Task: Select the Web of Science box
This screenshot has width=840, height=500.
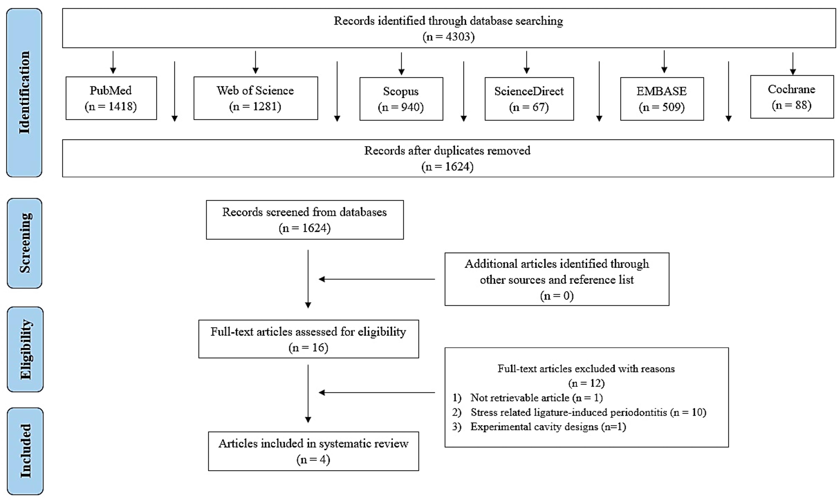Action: [x=256, y=98]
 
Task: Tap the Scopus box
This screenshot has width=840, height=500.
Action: [x=401, y=99]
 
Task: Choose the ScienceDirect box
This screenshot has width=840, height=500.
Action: [x=529, y=99]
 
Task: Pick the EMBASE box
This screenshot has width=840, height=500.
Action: [x=662, y=99]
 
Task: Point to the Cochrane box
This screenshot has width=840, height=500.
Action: [x=792, y=97]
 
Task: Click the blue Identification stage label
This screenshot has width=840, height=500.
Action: [x=24, y=93]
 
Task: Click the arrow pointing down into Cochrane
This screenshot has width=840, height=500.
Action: [x=793, y=63]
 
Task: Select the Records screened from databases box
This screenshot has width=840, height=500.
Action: [x=305, y=220]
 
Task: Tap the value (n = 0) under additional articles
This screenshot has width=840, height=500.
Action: [x=557, y=296]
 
